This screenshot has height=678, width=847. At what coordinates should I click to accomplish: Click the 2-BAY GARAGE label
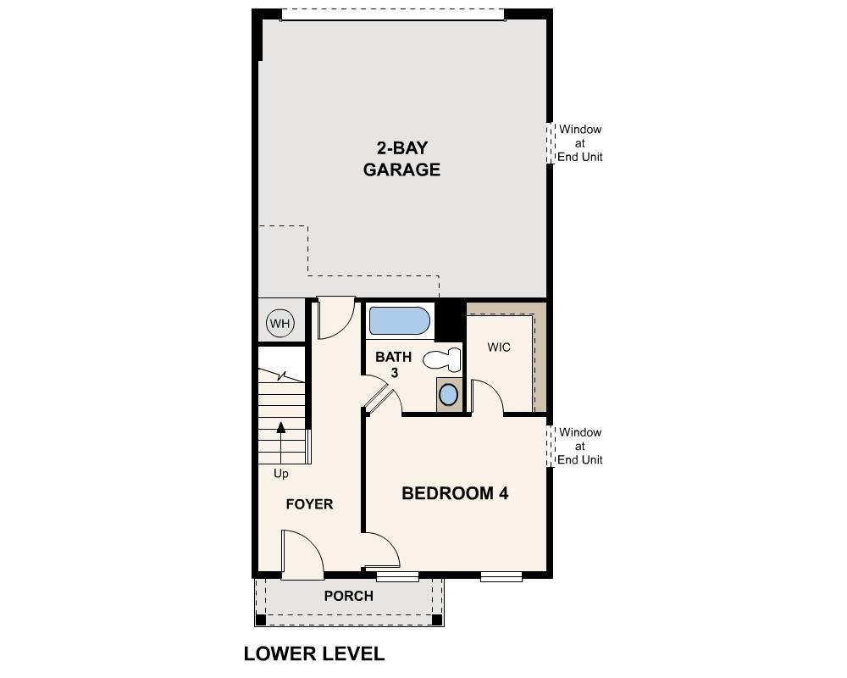[x=401, y=158]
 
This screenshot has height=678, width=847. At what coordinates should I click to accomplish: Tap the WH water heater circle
[x=280, y=323]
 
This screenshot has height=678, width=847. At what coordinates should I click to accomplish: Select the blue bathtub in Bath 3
[x=399, y=321]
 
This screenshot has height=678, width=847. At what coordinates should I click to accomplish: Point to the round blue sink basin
[x=449, y=394]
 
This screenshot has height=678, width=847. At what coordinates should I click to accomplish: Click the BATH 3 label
[x=394, y=364]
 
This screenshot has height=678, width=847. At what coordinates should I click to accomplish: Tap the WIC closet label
[x=499, y=347]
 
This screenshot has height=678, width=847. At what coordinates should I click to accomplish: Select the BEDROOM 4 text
[x=455, y=493]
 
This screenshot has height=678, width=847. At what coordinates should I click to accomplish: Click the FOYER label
[x=309, y=504]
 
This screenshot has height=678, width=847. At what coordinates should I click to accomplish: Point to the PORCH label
[x=348, y=597]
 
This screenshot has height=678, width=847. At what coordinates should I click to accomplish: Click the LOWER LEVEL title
[x=314, y=653]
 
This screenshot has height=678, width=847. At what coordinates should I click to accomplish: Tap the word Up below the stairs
[x=280, y=474]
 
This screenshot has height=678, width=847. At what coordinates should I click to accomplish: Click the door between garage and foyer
[x=335, y=318]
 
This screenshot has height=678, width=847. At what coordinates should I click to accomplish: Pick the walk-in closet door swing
[x=486, y=397]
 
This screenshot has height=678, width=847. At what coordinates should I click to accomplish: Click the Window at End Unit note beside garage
[x=579, y=143]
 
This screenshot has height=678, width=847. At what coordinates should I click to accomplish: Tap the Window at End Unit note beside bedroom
[x=579, y=446]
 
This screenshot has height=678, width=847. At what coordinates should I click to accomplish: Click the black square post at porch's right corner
[x=437, y=620]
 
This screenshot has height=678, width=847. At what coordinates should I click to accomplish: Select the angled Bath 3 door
[x=377, y=397]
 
